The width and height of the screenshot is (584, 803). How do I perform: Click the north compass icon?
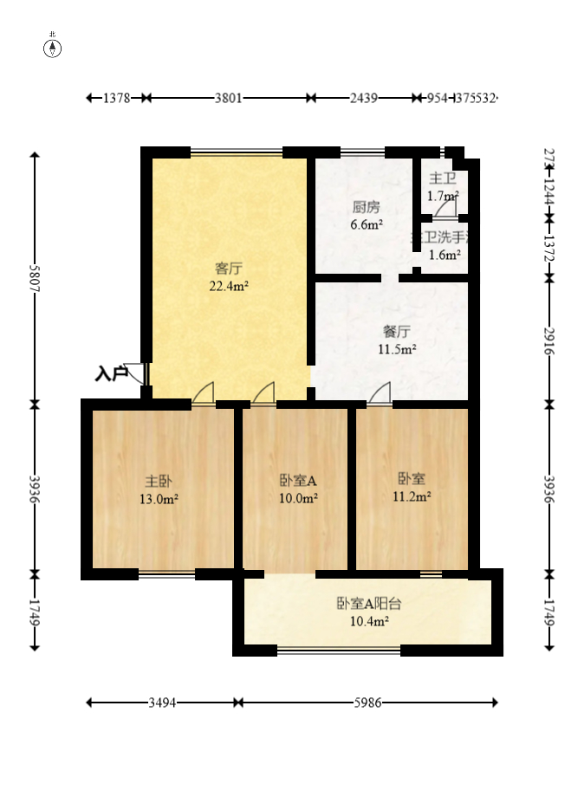[x=53, y=48]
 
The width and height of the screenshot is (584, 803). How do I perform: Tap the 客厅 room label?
[x=228, y=267]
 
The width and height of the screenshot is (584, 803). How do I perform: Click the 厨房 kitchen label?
[x=366, y=208]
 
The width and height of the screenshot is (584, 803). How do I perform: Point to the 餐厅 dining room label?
[x=396, y=332]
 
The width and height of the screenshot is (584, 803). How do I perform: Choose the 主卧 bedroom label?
[x=158, y=481]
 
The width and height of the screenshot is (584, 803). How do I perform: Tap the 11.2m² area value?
[x=412, y=496]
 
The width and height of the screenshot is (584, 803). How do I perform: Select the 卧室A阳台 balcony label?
[x=368, y=604]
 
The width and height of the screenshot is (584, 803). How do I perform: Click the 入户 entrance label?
[x=111, y=374]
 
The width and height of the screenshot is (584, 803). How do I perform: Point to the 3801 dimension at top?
[x=228, y=99]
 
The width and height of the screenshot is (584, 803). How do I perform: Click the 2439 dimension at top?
[x=363, y=99]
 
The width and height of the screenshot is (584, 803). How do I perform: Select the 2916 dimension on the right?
[x=548, y=340]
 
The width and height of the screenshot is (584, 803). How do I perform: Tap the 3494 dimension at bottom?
[x=162, y=703]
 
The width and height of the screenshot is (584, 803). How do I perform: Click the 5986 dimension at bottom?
[x=368, y=703]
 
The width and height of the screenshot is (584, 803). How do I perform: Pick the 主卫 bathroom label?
[x=443, y=178]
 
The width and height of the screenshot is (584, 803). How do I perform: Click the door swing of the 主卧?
[x=203, y=394]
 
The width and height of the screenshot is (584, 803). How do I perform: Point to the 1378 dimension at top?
[x=116, y=99]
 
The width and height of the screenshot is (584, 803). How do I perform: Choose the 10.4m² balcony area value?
[x=368, y=621]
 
